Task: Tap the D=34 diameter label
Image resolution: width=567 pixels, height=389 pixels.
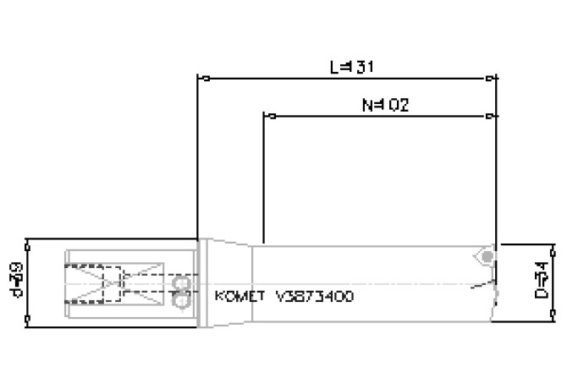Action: pos(542,282)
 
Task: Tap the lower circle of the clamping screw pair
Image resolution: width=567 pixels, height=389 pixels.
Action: pos(179,299)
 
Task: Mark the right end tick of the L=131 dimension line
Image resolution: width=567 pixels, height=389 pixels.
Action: pos(492,79)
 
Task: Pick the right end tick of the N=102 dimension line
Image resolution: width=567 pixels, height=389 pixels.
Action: pos(492,116)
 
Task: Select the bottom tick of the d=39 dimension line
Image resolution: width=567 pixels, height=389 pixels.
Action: pos(28,320)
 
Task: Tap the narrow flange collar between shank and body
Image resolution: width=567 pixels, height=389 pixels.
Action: pos(202,282)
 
